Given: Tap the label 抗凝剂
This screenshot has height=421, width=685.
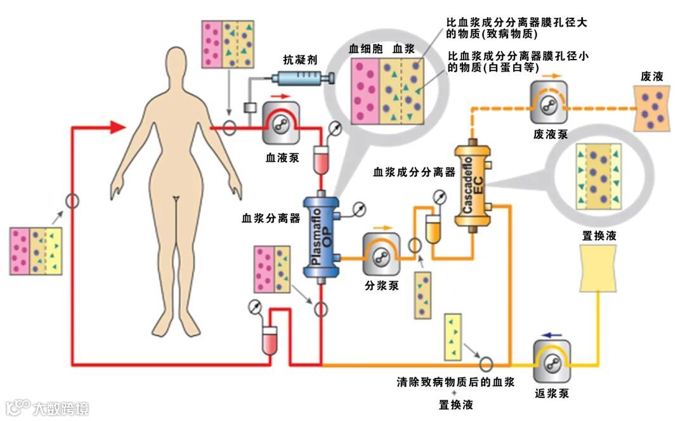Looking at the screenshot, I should coord(300,60).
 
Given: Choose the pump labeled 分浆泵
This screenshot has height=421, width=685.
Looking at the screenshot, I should coord(381,254).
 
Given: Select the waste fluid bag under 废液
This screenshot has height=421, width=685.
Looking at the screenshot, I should coord(652,108).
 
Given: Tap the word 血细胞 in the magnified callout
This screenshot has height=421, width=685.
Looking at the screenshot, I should coord(363,49).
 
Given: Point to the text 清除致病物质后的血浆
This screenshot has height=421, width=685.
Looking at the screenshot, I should coord(455,382).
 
